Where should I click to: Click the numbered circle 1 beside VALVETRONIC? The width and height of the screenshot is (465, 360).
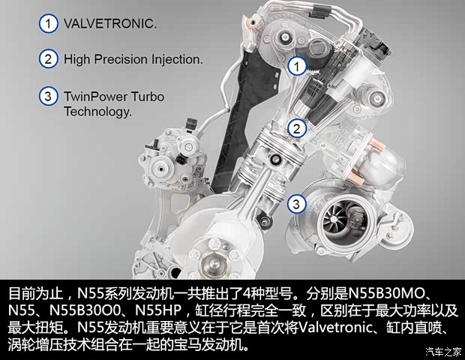49,23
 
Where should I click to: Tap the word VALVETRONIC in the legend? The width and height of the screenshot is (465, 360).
110,23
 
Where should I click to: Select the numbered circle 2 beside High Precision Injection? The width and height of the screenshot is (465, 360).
49,58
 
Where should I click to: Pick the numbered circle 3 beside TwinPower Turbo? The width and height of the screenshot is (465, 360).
49,97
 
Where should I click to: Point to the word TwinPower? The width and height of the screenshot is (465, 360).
94,97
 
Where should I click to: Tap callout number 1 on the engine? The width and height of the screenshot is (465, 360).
298,67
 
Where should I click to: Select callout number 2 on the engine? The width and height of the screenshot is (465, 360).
298,128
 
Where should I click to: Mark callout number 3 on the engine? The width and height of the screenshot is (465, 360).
298,202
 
